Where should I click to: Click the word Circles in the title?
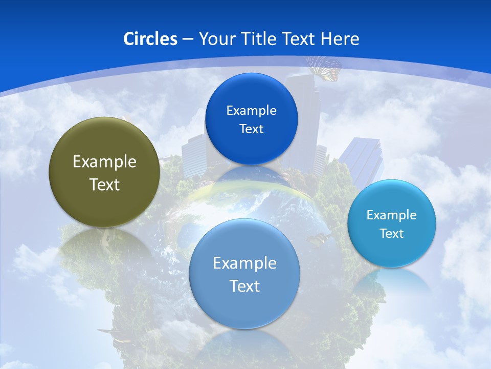point(150,39)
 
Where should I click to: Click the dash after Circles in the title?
point(188,39)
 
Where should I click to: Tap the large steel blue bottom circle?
point(244,307)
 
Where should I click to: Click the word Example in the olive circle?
point(104,162)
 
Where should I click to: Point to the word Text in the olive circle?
point(104,184)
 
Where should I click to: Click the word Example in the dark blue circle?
point(251,111)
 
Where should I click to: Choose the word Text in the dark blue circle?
point(251,129)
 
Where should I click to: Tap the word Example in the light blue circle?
point(391,215)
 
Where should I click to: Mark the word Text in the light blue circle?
point(392,234)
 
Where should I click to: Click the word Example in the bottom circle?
point(244,263)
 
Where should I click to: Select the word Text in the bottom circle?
point(244,286)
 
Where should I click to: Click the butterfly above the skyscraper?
point(324,68)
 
